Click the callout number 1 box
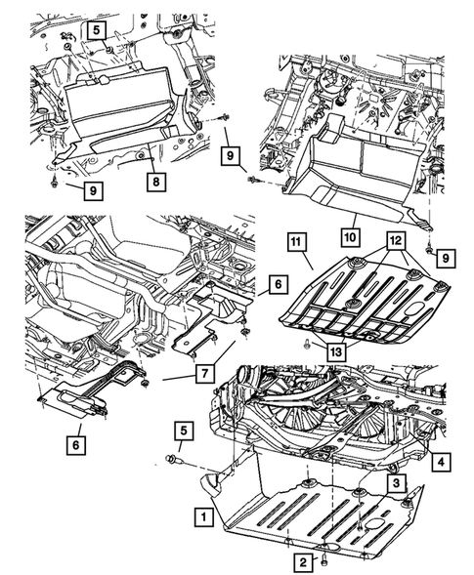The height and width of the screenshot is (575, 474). (203, 517)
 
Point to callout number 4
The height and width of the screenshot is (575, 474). (441, 462)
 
